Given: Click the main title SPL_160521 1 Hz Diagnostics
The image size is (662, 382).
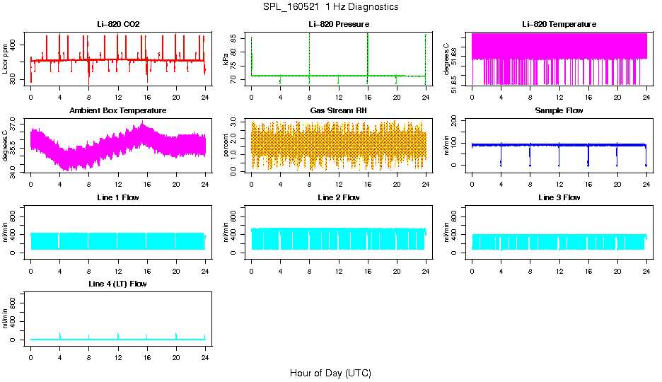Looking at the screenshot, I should click(x=330, y=7).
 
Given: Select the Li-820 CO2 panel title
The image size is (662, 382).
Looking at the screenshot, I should click(x=118, y=25).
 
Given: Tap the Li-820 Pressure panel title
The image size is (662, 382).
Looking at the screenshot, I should click(x=339, y=25).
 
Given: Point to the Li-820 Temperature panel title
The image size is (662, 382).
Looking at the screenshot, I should click(x=559, y=25).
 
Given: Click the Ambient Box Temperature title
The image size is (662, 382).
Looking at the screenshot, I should click(x=118, y=111).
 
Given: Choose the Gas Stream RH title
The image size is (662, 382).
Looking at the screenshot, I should click(x=339, y=111).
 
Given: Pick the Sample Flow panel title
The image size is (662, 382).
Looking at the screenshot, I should click(x=559, y=111).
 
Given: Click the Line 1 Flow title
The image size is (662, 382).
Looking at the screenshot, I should click(x=118, y=197).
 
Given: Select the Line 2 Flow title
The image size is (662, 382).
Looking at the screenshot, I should click(x=339, y=197).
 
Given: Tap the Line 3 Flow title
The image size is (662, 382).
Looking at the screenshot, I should click(x=559, y=197).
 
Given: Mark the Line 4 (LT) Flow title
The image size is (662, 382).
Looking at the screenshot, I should click(x=118, y=284).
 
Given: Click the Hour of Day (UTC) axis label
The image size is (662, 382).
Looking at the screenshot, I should click(x=330, y=373).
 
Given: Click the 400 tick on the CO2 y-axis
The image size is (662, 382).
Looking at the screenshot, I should click(x=15, y=45).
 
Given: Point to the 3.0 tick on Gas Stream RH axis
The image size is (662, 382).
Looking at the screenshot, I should click(x=236, y=124).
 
